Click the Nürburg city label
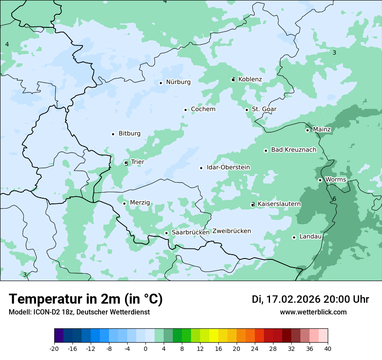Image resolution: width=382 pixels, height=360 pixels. coord(178,82)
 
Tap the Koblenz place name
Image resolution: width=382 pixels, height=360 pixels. coord(250,79)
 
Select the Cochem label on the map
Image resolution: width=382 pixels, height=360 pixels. coord(203,109)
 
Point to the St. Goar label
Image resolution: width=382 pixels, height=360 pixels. coord(264,109)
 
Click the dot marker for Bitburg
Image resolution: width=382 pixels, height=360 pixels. coord(113,134)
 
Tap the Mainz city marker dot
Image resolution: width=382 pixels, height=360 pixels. coord(307,130)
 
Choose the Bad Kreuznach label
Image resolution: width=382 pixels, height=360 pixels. coord(293,150)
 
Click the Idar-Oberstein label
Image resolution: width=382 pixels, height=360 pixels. coord(228,167)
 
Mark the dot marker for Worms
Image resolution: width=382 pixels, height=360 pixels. coord(320,180)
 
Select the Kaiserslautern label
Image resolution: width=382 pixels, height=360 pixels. coord(279,204)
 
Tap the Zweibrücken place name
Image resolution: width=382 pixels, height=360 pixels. coord(231,231)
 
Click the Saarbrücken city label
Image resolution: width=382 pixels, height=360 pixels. coord(191,232)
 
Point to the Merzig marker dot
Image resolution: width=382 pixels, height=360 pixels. coord(124,203)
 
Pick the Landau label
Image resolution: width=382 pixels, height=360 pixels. coord(310,236)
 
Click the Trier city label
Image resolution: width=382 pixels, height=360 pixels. coord(137,162)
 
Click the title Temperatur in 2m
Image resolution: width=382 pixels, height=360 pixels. coord(86,299)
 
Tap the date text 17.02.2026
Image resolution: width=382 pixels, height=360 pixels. coord(293,299)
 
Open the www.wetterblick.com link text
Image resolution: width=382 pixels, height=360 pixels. coord(313,312)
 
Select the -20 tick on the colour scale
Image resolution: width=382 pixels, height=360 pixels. coord(54,348)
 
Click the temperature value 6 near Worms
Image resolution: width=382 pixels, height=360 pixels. coord(334,199)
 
